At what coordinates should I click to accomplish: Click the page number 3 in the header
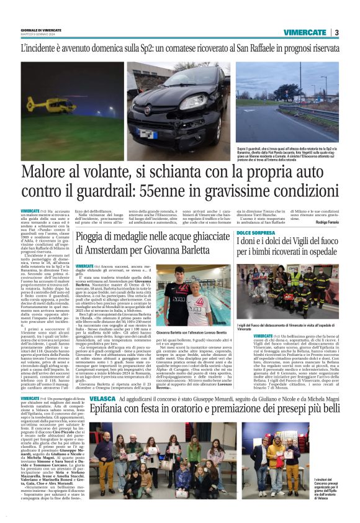[x=336, y=32]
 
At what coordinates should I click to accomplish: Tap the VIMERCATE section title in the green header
[x=305, y=32]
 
